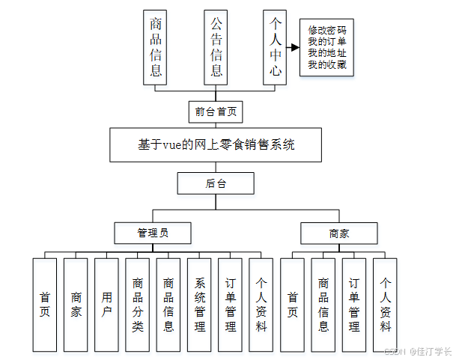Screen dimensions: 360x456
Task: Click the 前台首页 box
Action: pyautogui.click(x=216, y=112)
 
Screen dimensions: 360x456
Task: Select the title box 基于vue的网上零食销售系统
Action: pyautogui.click(x=216, y=145)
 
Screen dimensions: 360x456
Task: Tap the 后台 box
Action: pyautogui.click(x=216, y=183)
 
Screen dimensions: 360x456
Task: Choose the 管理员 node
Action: pyautogui.click(x=153, y=233)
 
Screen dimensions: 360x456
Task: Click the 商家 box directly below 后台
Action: pyautogui.click(x=339, y=234)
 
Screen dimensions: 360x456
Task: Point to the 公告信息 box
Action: pyautogui.click(x=216, y=47)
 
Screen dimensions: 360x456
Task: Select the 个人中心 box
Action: pyautogui.click(x=275, y=47)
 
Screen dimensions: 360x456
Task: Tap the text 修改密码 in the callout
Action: pyautogui.click(x=327, y=31)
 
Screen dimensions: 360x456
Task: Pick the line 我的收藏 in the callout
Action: pyautogui.click(x=327, y=65)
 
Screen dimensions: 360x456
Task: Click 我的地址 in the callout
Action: pyautogui.click(x=327, y=54)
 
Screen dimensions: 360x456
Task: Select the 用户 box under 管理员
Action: pyautogui.click(x=107, y=305)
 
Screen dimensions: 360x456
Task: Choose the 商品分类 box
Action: pyautogui.click(x=138, y=305)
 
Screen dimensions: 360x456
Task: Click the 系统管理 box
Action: pyautogui.click(x=199, y=305)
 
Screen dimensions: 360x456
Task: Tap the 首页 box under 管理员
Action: pyautogui.click(x=45, y=305)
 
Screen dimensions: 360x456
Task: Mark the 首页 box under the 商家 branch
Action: pyautogui.click(x=292, y=305)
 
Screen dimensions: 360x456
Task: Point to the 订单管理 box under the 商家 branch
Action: pyautogui.click(x=354, y=305)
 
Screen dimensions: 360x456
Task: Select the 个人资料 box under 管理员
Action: pyautogui.click(x=261, y=305)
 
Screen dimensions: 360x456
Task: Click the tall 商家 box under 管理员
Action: pyautogui.click(x=76, y=305)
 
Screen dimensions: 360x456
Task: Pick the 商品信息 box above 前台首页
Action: pyautogui.click(x=156, y=47)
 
